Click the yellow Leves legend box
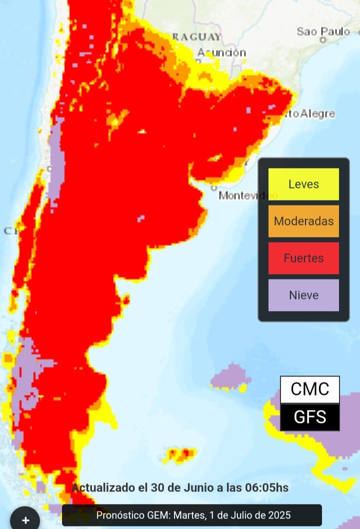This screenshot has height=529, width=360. click(x=303, y=184)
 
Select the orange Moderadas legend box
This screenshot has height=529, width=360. click(x=303, y=221)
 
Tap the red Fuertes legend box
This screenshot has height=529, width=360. click(x=303, y=258)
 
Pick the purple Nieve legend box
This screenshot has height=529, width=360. click(x=303, y=295)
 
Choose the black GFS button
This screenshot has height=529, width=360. click(x=310, y=417)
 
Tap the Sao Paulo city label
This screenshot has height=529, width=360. click(x=323, y=31)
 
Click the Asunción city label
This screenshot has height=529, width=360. click(x=221, y=52)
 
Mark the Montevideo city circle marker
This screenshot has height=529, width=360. click(x=214, y=188)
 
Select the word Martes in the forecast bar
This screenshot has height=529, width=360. click(x=185, y=515)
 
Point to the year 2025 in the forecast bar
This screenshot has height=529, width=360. click(x=279, y=515)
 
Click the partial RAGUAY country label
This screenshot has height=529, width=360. click(x=196, y=37)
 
